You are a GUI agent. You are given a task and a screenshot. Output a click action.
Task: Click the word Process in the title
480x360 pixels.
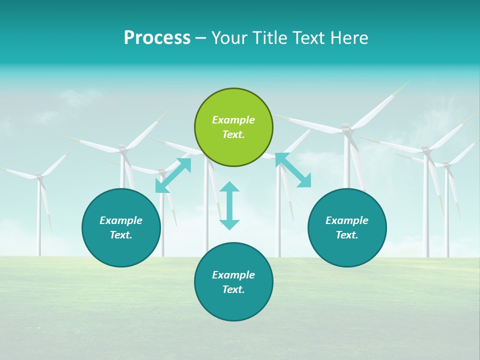coord(157,38)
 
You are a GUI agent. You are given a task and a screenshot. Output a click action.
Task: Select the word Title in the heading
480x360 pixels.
coord(270,38)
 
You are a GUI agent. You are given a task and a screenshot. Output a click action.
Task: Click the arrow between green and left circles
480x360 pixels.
coord(173,175)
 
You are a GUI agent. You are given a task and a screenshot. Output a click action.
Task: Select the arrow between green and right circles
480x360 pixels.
coord(293,170)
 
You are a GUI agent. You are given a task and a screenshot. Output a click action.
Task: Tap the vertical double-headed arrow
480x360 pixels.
coord(229,205)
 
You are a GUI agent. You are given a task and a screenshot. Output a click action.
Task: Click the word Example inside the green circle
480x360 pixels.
coord(233,120)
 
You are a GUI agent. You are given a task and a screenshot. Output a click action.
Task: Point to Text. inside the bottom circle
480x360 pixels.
coord(233,289)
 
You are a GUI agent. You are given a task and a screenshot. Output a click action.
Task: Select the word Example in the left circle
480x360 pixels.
coord(121,220)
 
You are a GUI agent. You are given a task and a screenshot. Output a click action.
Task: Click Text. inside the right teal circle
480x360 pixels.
coord(347,235)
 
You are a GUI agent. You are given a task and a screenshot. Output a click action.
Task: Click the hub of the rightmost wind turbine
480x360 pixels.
coord(446,163)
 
